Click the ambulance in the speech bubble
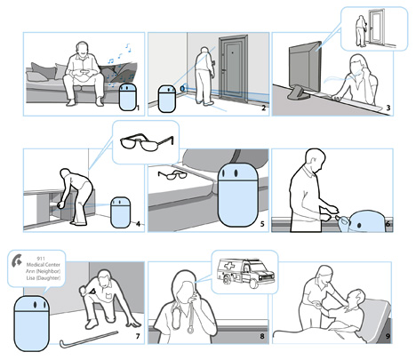pyautogui.click(x=246, y=273)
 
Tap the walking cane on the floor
pyautogui.click(x=89, y=340)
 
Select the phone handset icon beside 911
pyautogui.click(x=17, y=260)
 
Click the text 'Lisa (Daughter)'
pyautogui.click(x=44, y=278)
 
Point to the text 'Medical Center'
pyautogui.click(x=44, y=265)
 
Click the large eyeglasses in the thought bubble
pyautogui.click(x=147, y=142)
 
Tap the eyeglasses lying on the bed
pyautogui.click(x=172, y=175)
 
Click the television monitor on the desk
pyautogui.click(x=305, y=69)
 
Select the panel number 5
pyautogui.click(x=262, y=224)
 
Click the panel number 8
pyautogui.click(x=262, y=336)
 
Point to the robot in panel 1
pyautogui.click(x=128, y=97)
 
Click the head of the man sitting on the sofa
pyautogui.click(x=83, y=50)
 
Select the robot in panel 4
pyautogui.click(x=120, y=212)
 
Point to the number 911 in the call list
pyautogui.click(x=41, y=259)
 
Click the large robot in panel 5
pyautogui.click(x=237, y=195)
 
